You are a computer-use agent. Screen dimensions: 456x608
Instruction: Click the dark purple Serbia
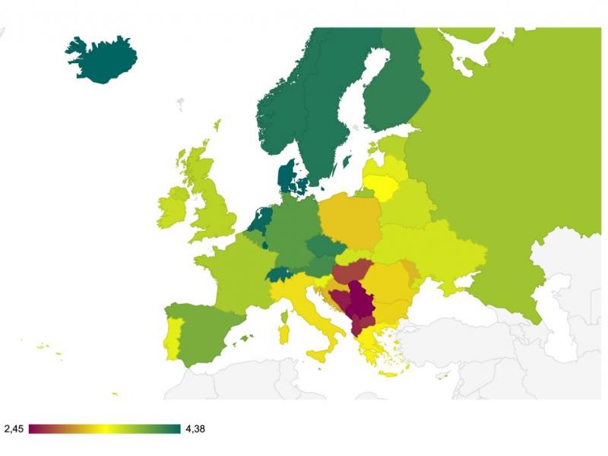tap(359, 304)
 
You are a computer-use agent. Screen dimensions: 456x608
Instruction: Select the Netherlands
tap(261, 221)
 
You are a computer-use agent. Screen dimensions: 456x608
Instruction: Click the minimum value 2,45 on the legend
tap(14, 429)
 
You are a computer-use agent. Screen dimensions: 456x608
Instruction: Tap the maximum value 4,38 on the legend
tap(195, 429)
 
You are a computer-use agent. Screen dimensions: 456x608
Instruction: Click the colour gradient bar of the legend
tap(105, 429)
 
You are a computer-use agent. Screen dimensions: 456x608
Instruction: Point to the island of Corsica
tap(285, 314)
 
